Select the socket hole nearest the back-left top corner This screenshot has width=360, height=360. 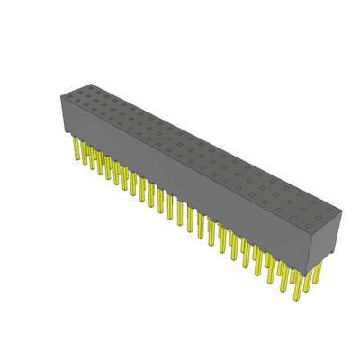89,88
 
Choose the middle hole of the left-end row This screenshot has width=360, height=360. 78,93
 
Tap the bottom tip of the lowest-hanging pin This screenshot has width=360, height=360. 293,300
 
